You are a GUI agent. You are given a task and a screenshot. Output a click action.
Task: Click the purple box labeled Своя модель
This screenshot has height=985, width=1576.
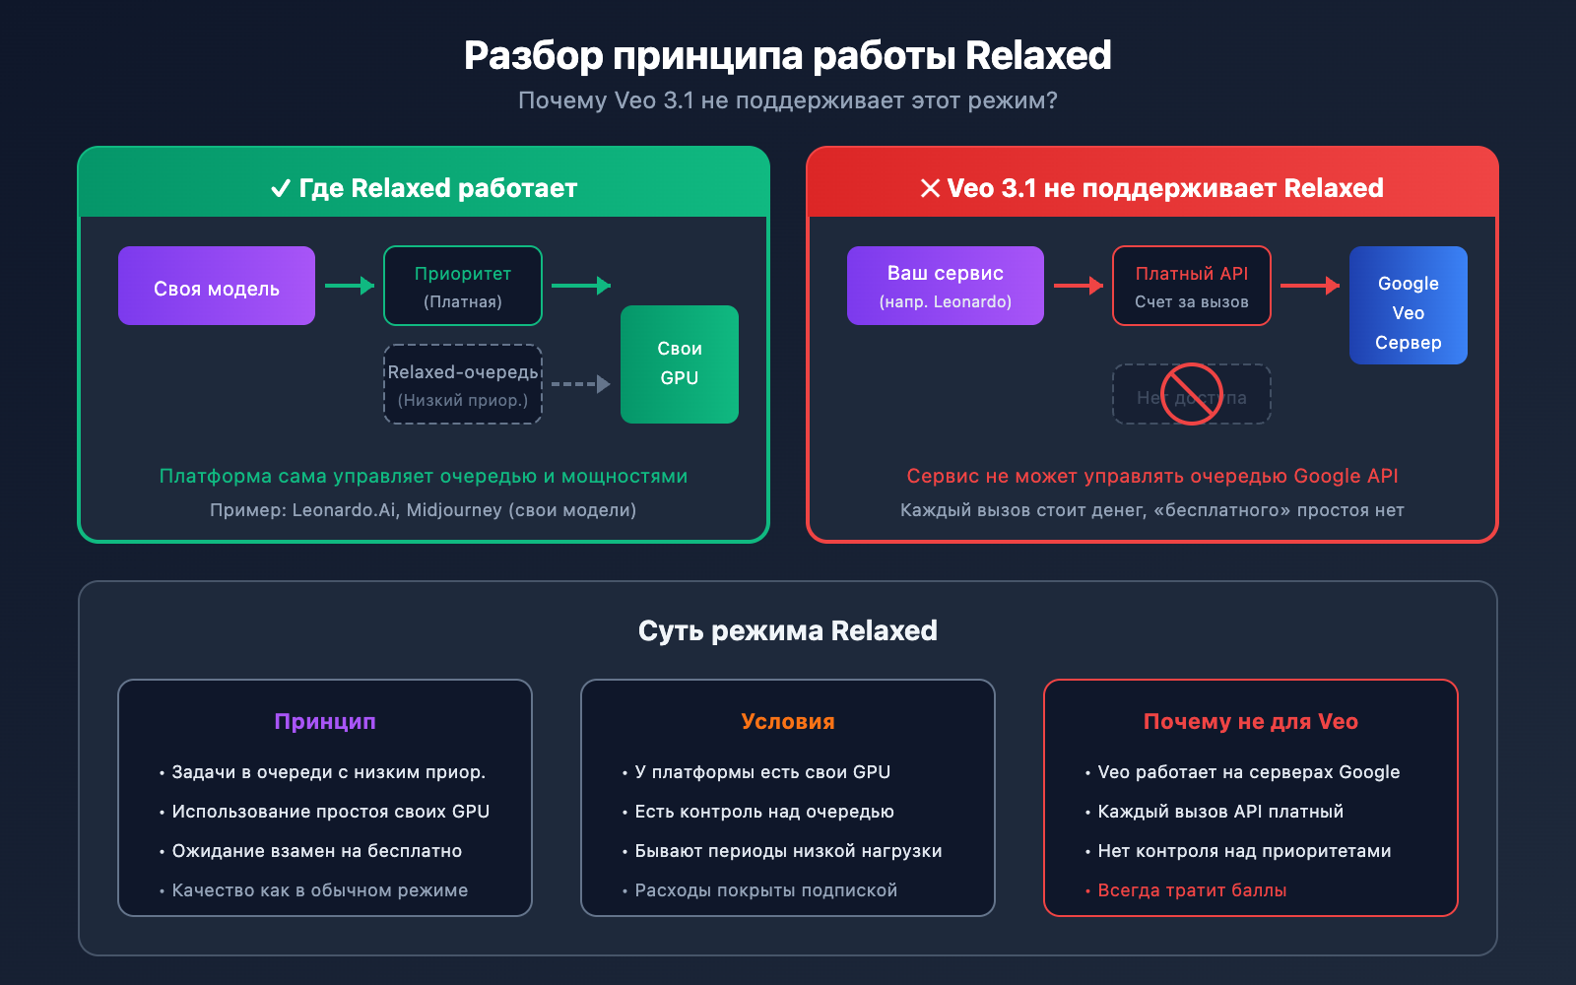(x=217, y=286)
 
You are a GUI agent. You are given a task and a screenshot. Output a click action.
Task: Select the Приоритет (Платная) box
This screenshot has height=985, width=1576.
(x=463, y=286)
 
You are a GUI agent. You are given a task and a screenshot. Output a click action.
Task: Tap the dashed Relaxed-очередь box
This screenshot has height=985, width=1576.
(x=463, y=384)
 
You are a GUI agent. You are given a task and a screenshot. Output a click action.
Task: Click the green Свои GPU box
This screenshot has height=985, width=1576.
(x=680, y=363)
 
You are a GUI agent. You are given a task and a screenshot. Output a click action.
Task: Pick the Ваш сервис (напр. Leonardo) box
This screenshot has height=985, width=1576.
(x=946, y=286)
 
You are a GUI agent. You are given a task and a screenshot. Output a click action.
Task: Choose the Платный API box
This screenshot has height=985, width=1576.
(x=1192, y=286)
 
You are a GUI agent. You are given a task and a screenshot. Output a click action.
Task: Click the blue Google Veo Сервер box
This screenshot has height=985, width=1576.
(x=1409, y=305)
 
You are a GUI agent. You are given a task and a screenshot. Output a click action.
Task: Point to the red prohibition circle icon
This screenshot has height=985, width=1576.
(x=1192, y=394)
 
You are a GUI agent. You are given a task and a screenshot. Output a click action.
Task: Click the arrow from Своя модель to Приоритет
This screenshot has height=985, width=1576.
(x=350, y=286)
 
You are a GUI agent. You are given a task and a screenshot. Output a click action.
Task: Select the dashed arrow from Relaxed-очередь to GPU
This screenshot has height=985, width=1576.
(x=581, y=384)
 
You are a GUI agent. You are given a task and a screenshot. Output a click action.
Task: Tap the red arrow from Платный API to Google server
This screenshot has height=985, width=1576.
(x=1310, y=286)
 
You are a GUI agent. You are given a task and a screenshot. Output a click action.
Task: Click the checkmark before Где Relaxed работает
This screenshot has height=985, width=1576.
(x=281, y=188)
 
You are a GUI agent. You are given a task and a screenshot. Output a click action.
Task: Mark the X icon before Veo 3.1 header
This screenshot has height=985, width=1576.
(x=930, y=188)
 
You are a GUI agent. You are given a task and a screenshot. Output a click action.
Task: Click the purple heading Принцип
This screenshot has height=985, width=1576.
(x=325, y=721)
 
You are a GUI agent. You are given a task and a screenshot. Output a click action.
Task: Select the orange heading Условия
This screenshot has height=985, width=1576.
(x=788, y=721)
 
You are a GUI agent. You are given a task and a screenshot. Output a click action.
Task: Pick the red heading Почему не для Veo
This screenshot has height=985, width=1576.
(x=1251, y=721)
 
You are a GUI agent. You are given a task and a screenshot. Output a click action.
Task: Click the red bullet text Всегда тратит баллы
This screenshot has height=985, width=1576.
(x=1192, y=890)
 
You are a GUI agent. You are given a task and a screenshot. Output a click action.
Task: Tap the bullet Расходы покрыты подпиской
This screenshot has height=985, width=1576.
(x=765, y=890)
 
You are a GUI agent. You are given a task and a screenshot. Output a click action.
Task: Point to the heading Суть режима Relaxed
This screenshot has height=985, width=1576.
(x=788, y=630)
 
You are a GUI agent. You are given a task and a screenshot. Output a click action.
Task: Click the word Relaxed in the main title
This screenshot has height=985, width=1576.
(x=1038, y=56)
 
